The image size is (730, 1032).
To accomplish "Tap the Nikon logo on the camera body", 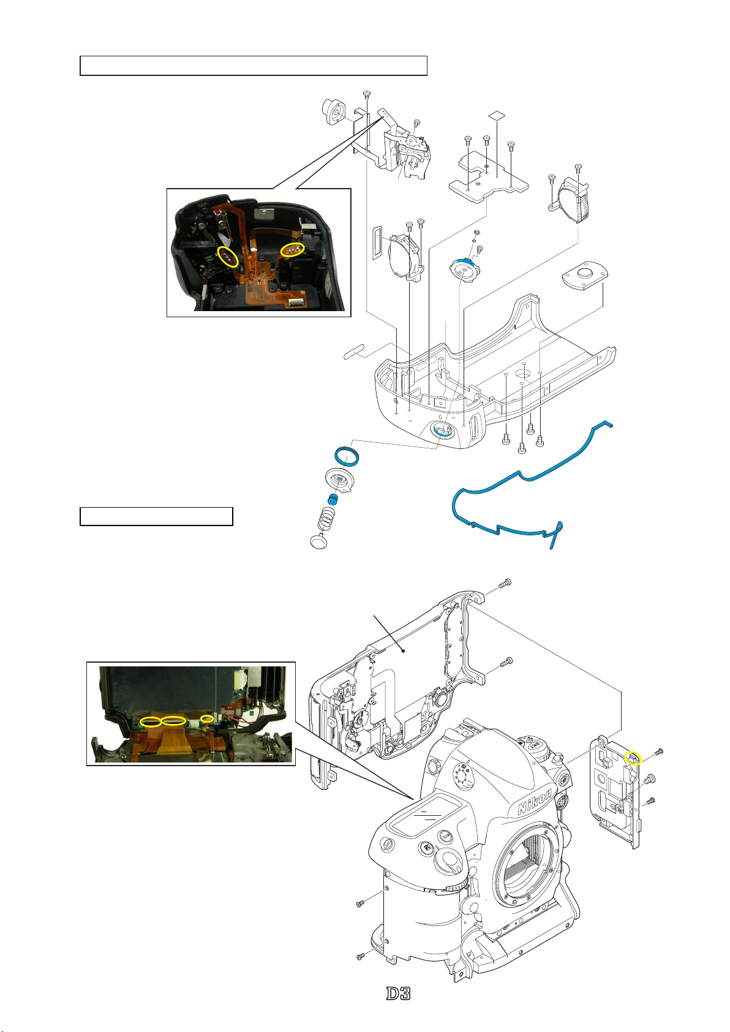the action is (535, 800).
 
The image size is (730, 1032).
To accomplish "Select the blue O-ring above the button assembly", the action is (347, 456).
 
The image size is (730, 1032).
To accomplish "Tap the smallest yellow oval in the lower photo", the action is (208, 718).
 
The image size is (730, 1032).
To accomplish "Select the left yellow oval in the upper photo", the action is (228, 256).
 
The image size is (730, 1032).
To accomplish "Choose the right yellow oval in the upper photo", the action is (293, 249).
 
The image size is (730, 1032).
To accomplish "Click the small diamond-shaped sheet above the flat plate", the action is (497, 115).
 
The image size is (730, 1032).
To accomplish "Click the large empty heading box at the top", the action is (254, 66).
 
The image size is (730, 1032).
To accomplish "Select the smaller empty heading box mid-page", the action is (156, 516).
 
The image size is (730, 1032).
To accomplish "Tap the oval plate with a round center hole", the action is (583, 277).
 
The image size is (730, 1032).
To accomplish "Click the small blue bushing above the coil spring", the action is (331, 499).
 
